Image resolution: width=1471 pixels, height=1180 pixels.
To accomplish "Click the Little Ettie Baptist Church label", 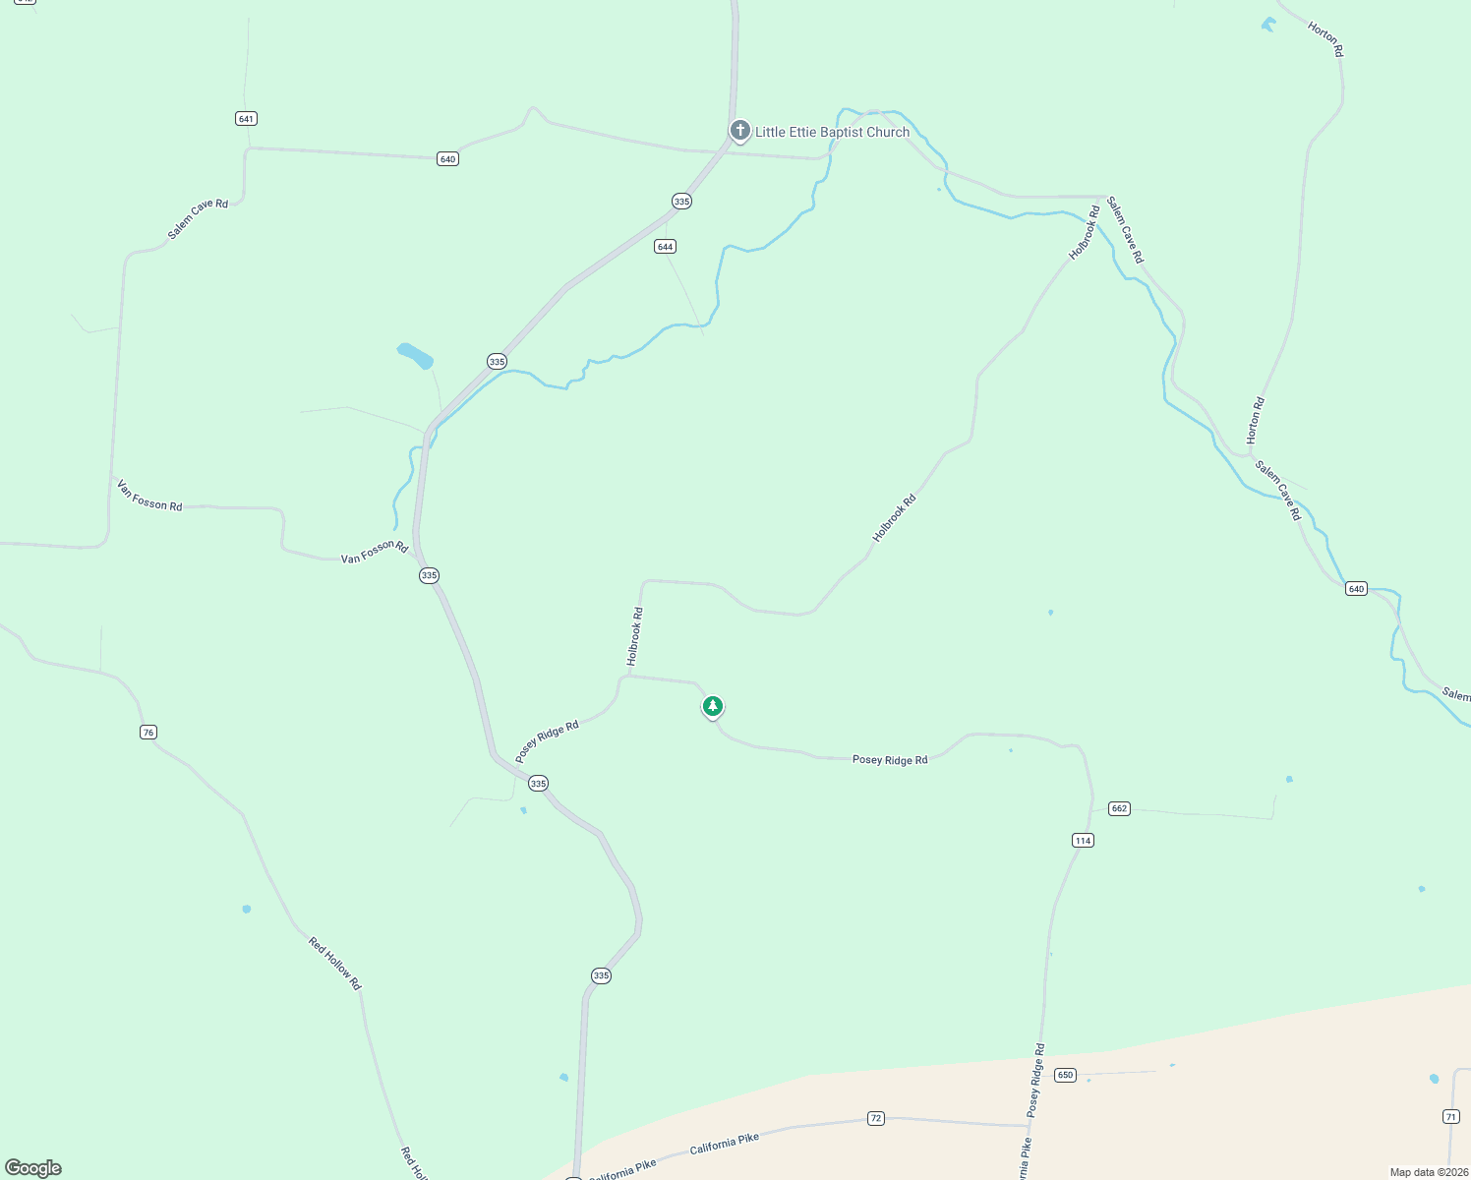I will click(832, 132).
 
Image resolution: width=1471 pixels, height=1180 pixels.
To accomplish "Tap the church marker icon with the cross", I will click(740, 130).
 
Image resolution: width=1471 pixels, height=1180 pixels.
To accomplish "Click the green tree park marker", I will click(713, 706).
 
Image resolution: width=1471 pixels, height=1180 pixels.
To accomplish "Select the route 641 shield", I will click(246, 119).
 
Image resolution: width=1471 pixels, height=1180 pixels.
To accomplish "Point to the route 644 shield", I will click(665, 247).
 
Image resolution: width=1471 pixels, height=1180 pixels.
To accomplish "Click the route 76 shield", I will click(148, 733).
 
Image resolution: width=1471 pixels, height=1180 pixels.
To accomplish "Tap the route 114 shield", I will click(1083, 841).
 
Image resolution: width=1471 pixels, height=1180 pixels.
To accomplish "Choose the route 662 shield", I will click(1119, 808).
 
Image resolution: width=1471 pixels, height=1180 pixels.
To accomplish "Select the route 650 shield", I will click(1065, 1075).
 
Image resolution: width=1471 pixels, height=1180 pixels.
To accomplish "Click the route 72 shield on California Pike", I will click(876, 1118).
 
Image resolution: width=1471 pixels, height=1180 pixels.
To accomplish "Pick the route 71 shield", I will click(1451, 1116).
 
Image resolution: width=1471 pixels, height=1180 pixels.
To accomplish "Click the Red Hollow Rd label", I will click(335, 964).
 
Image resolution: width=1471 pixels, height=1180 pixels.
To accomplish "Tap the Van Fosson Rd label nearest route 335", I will click(374, 552).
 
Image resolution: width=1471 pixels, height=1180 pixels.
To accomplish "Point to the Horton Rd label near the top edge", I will click(1325, 40).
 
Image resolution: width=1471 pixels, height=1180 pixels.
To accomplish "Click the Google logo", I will click(33, 1168).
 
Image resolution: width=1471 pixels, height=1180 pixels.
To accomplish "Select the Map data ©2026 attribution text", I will click(1428, 1172).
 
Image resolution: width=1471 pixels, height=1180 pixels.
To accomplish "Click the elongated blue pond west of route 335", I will click(415, 355).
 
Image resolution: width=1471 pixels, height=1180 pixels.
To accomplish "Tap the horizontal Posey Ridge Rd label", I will click(890, 760).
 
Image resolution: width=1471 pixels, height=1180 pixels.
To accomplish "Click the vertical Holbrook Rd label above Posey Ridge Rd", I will click(635, 635).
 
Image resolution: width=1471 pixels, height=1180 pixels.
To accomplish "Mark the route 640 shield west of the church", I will click(447, 159).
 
